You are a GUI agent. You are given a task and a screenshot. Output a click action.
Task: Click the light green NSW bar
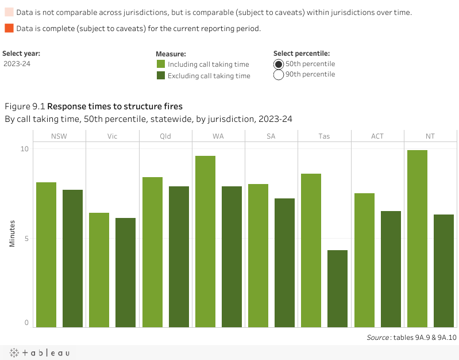pos(46,255)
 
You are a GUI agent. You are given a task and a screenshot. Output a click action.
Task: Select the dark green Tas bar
pos(337,289)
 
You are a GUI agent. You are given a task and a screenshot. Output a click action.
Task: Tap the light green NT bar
pos(417,239)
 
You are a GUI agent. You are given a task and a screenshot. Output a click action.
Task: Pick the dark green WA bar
pos(232,256)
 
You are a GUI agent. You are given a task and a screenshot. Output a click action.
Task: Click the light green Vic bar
pos(99,270)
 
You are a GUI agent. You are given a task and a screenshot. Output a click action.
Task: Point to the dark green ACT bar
pos(391,269)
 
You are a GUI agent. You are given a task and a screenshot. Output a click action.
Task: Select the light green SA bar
pos(258,255)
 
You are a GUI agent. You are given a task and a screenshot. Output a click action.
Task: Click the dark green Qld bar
pos(179,256)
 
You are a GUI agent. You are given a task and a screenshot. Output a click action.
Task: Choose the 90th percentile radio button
pos(279,74)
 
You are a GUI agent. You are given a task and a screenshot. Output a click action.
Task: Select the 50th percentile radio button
pos(279,64)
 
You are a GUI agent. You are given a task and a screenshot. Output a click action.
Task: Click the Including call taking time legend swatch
pos(161,64)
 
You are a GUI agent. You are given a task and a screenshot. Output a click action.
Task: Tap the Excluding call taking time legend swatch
pos(161,75)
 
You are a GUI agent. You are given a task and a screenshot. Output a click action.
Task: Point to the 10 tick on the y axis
pos(25,148)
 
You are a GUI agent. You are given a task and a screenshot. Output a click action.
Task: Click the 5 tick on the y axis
pos(26,238)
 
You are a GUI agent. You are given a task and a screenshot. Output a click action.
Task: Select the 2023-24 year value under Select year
pos(17,64)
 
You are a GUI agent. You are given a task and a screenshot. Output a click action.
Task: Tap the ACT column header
pos(377,136)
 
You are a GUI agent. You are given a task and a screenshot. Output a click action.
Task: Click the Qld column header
pos(165,136)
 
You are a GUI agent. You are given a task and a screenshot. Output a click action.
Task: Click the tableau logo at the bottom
pos(39,353)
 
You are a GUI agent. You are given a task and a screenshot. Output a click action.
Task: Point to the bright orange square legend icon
pos(9,28)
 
